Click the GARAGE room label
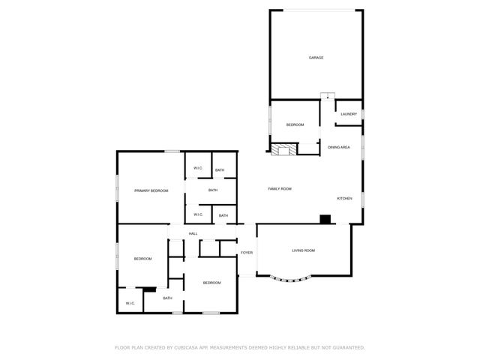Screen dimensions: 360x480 point(316,58)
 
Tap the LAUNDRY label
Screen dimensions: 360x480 point(349,114)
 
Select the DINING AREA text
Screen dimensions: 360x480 point(339,147)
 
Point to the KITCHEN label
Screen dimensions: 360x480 point(344,198)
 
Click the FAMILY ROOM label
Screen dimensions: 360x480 point(280,189)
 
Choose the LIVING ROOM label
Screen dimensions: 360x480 point(303,250)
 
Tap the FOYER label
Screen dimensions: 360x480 point(246,253)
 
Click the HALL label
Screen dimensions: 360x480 point(193,234)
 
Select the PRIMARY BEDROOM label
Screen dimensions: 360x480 point(151,190)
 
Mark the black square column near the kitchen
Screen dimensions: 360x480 point(325,219)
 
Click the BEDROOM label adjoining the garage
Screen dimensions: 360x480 point(295,124)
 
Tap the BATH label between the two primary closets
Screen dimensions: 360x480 point(213,190)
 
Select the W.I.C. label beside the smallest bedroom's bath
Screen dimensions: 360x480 point(130,303)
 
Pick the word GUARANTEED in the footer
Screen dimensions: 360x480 point(346,347)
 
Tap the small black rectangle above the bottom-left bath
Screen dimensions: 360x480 point(149,289)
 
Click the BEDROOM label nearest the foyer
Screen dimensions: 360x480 point(212,283)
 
